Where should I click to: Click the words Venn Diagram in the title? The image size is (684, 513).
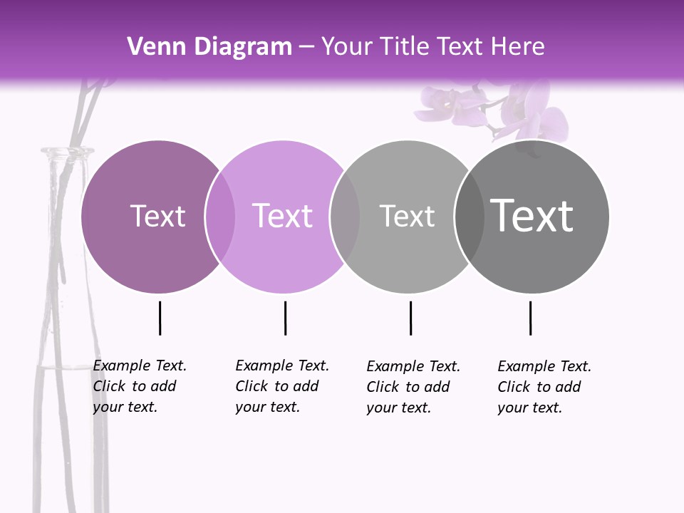coord(209,47)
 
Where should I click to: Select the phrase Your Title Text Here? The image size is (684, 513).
coord(432,47)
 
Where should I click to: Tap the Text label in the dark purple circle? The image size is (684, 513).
coord(157,216)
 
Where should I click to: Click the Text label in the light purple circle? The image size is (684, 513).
coord(282,216)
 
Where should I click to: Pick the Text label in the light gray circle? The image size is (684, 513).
coord(407,216)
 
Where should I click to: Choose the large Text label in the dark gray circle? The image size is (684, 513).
coord(532,216)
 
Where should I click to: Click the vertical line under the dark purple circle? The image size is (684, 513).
coord(160,318)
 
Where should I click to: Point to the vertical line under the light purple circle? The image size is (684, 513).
coord(285,318)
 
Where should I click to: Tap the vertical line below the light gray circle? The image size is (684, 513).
coord(410,318)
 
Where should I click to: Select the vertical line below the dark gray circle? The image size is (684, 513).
coord(530,318)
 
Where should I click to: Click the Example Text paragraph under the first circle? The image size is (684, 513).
coord(140,386)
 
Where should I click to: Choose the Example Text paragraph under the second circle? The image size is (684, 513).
coord(282,386)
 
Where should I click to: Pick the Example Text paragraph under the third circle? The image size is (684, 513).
coord(413,387)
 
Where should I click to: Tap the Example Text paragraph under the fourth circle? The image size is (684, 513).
coord(544,387)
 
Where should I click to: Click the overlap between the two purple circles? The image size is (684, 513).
coord(220,216)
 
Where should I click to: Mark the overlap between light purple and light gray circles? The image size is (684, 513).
coord(345,216)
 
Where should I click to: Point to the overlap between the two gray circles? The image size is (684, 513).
coord(470,216)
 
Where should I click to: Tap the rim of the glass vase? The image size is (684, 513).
coord(67,151)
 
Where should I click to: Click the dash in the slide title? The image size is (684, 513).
coord(306,48)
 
